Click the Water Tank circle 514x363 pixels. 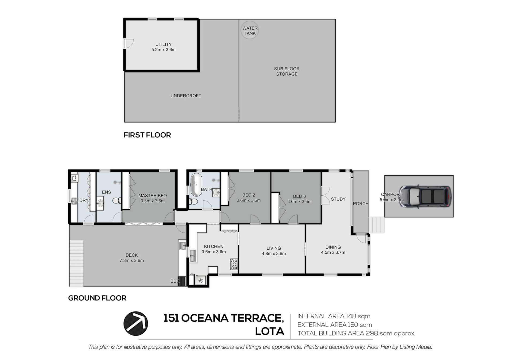tap(250, 30)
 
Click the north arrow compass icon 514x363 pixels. tap(136, 324)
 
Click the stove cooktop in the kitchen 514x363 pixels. tap(234, 264)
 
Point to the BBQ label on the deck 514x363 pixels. tap(175, 281)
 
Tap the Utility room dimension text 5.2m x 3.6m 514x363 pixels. tap(163, 49)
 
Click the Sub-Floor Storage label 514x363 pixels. tap(287, 71)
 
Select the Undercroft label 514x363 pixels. tap(186, 96)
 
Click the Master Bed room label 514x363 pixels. tap(153, 196)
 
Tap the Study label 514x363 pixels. tap(338, 199)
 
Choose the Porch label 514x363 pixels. tap(361, 204)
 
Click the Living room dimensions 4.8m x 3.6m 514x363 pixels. tap(274, 254)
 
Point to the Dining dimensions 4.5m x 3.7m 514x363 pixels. tap(333, 252)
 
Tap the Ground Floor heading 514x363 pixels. tap(97, 298)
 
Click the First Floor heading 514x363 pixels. tap(147, 135)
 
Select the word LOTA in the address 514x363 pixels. tap(269, 331)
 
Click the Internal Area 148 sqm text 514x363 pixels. tap(334, 316)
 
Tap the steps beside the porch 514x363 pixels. tap(377, 225)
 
